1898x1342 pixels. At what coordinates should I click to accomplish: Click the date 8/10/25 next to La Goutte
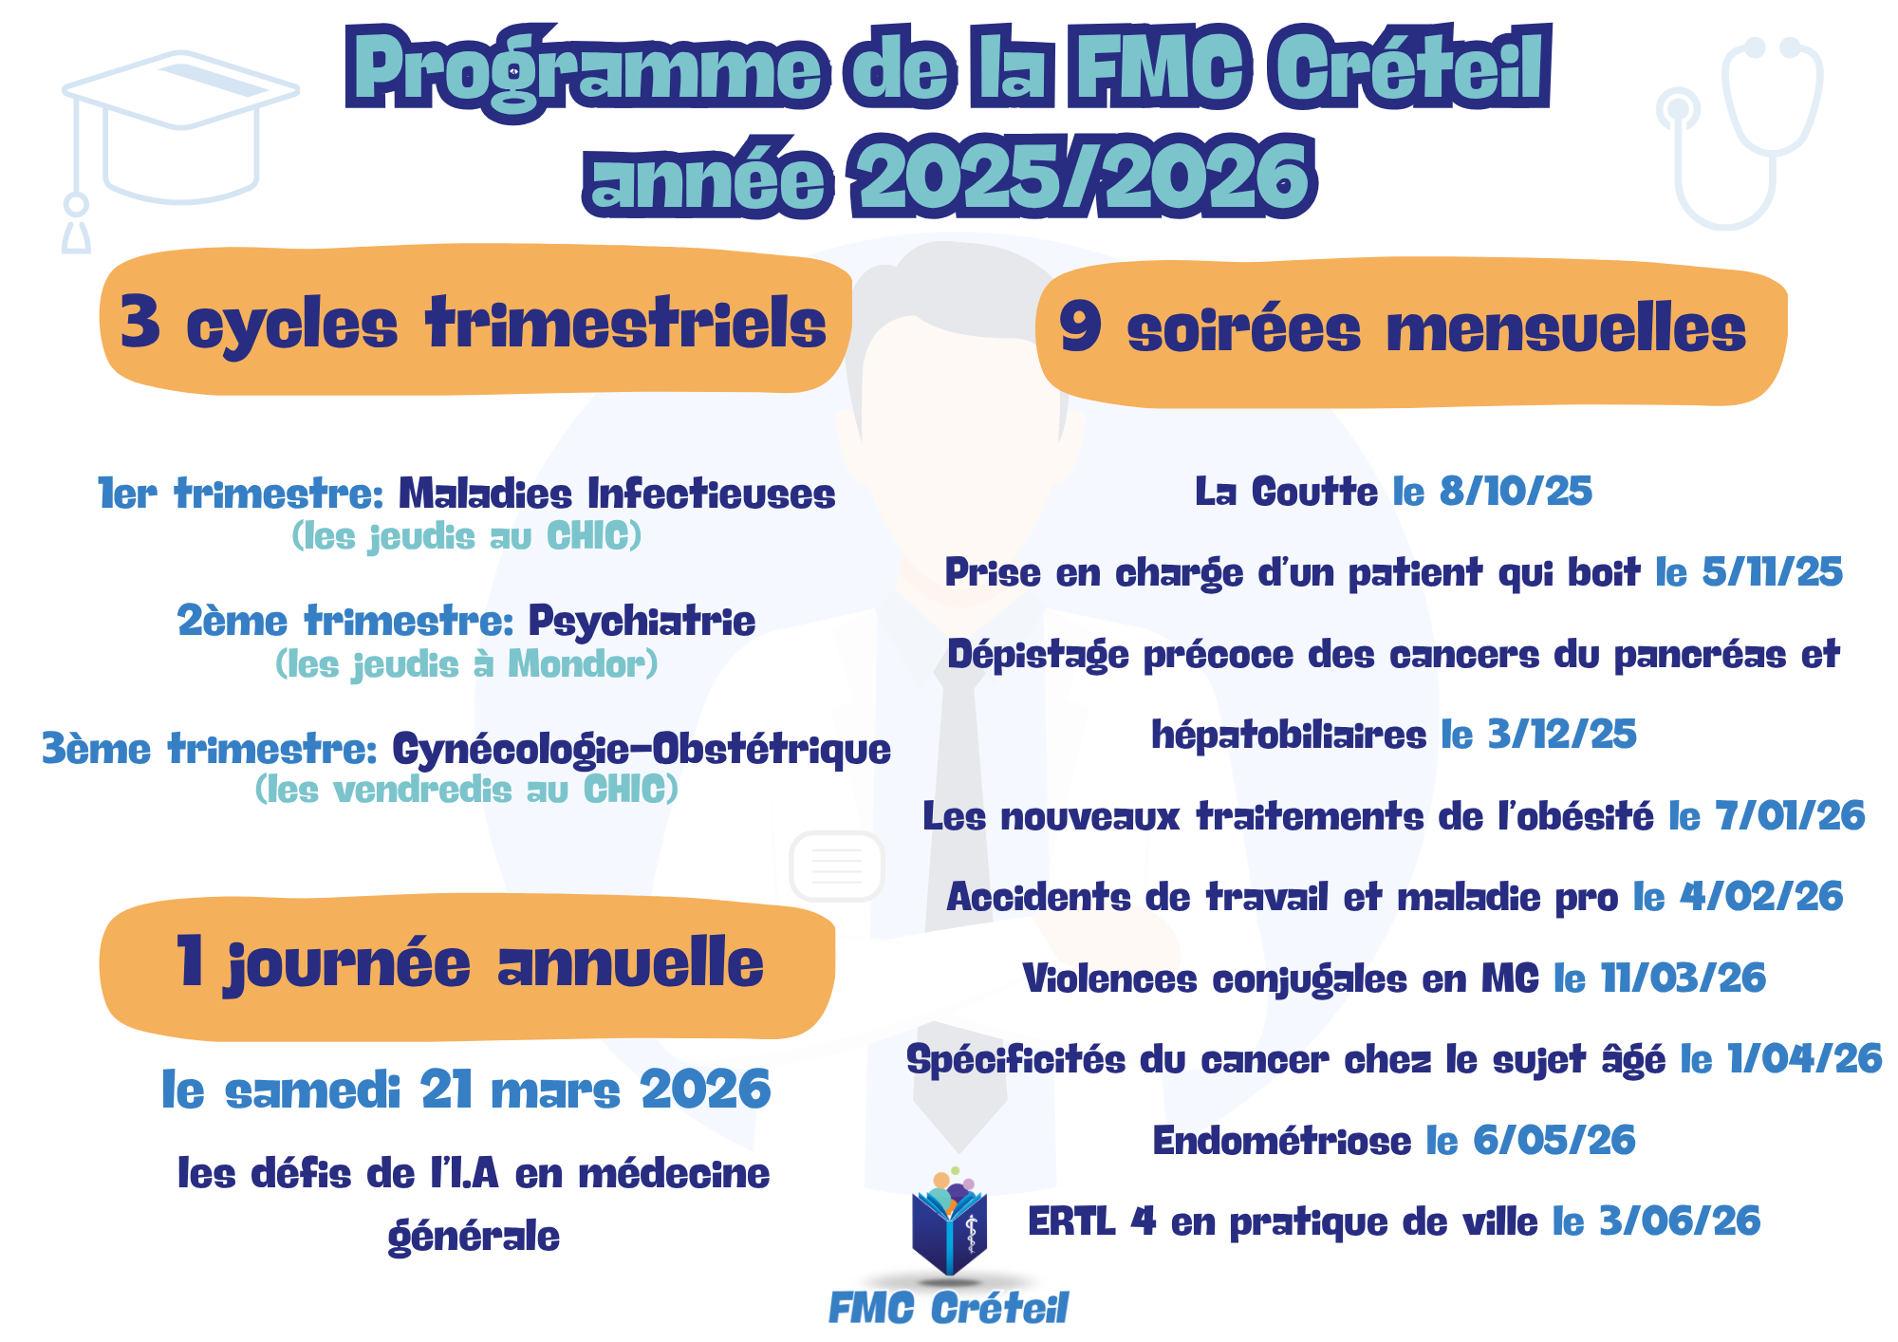pos(1516,492)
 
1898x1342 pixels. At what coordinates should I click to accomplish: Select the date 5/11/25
pos(1772,572)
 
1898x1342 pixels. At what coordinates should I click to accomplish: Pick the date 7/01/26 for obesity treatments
pos(1790,816)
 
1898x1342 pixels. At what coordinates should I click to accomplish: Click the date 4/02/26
pos(1761,897)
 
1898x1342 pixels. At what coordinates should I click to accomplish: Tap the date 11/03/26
pos(1683,979)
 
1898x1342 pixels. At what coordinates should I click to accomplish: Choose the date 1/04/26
pos(1804,1059)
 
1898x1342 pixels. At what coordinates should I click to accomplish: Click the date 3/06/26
pos(1680,1221)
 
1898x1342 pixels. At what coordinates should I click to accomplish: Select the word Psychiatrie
pos(642,623)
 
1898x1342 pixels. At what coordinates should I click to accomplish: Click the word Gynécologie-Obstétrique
pos(642,750)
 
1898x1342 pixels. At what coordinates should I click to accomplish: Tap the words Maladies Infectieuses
pos(617,494)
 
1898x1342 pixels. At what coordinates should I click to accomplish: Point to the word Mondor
pos(576,664)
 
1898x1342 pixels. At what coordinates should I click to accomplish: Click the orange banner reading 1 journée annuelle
pos(467,966)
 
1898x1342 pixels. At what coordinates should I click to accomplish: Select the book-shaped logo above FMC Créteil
pos(949,1224)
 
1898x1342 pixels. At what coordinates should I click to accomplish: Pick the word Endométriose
pos(1281,1141)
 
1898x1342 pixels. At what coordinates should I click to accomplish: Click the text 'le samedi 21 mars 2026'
pos(466,1090)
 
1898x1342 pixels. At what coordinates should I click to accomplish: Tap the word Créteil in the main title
pos(1410,68)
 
